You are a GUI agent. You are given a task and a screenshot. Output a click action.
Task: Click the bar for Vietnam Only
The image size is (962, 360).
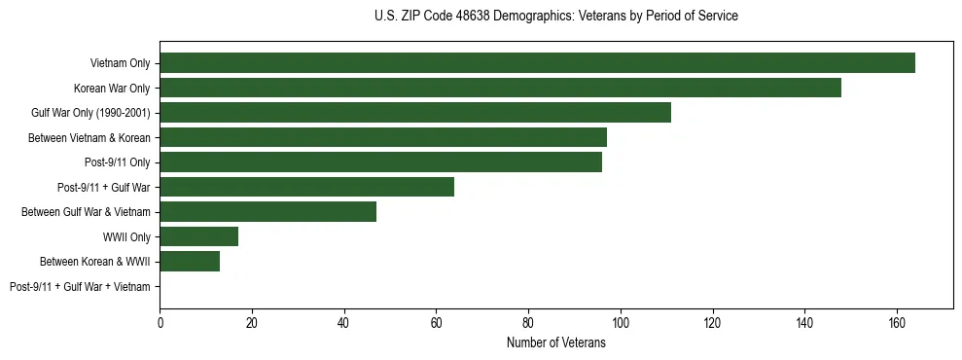pos(537,63)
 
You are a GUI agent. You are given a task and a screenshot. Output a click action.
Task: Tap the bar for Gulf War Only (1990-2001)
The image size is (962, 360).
pos(415,113)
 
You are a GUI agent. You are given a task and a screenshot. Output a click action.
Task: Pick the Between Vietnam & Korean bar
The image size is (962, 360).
pos(383,137)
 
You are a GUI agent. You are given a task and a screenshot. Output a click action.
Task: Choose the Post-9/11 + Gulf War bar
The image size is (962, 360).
pos(306,187)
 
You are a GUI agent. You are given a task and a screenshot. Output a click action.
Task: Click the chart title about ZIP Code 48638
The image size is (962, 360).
pos(555,17)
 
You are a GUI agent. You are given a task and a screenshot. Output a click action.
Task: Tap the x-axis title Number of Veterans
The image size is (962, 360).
pos(555,342)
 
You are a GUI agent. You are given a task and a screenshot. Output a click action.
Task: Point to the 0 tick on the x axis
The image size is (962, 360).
pos(160,323)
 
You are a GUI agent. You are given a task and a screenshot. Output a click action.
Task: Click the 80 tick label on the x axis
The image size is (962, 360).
pos(528,323)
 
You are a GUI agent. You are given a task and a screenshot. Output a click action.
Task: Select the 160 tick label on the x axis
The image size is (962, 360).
pos(897,323)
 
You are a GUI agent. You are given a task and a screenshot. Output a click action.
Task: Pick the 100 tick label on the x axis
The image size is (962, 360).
pos(621,323)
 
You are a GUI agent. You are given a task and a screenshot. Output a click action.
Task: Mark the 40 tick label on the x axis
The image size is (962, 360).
pos(343,323)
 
